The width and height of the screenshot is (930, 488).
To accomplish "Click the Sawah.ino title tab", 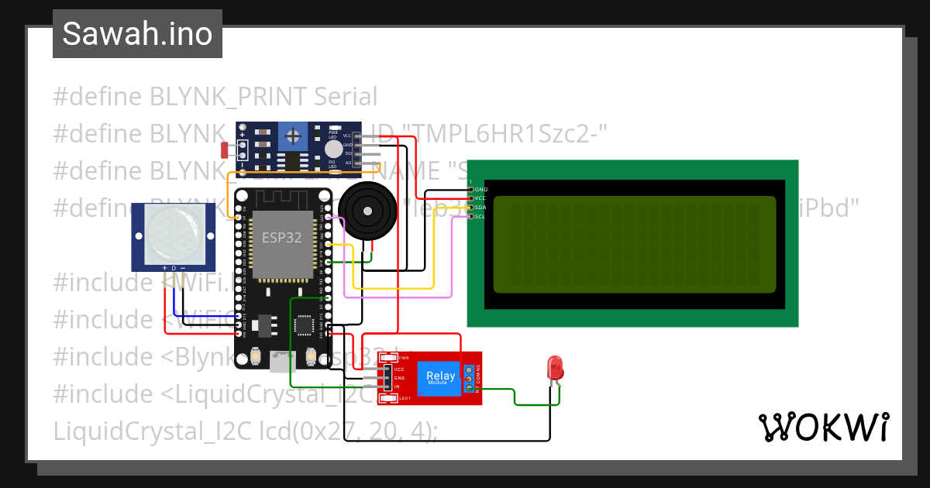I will (137, 34).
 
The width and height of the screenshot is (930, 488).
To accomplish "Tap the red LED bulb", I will (555, 366).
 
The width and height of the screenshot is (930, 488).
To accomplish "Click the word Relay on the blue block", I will (441, 376).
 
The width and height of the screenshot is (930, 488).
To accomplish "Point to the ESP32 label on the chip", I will (281, 238).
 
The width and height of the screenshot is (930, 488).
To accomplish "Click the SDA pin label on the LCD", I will (480, 208).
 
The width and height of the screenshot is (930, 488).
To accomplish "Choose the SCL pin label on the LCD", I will (480, 216).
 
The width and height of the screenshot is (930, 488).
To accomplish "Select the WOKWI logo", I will (822, 427).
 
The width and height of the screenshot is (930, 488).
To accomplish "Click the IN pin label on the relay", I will (397, 386).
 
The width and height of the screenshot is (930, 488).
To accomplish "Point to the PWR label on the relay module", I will (404, 358).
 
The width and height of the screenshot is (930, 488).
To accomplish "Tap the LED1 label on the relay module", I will (404, 398).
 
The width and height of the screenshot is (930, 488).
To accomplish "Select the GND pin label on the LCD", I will (480, 190).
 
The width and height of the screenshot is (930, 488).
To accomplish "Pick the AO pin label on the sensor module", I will (348, 163).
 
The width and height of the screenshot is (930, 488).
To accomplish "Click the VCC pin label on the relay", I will (398, 369).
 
